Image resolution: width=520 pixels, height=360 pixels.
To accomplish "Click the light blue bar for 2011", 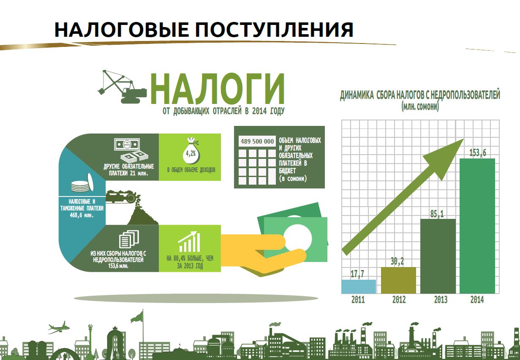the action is (359, 286).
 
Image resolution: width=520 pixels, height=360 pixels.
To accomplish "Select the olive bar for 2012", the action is (399, 280).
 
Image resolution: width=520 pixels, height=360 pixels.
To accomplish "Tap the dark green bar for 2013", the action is (438, 256).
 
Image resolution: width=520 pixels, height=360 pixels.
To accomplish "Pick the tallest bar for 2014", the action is (477, 226).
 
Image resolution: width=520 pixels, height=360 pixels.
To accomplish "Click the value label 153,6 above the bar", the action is (477, 153).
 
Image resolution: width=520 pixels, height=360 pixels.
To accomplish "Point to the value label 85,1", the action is (437, 214).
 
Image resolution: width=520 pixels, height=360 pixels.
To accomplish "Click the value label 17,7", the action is (357, 274).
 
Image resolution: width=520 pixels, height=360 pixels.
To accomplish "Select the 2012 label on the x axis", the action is (399, 300).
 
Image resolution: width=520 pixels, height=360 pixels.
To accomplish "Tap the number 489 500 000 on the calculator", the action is (257, 141).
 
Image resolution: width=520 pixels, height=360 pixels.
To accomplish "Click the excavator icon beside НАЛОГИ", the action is (122, 87).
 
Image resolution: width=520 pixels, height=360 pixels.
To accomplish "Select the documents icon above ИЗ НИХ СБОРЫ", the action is (129, 239).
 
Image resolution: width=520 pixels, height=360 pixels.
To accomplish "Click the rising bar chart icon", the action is (189, 242).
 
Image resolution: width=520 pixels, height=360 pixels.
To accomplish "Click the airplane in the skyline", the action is (58, 328).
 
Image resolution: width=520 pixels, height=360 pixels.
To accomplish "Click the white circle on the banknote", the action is (298, 238).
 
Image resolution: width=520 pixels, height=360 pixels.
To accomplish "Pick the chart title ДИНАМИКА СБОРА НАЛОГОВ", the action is (420, 95).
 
